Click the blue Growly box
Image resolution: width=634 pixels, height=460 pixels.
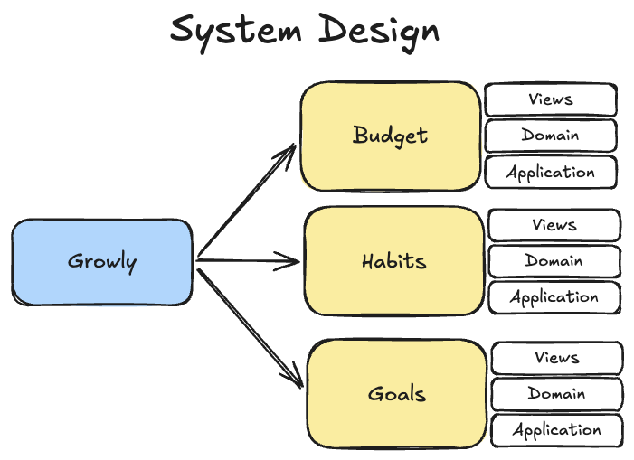[102, 262]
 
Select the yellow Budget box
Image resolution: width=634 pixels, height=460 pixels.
[390, 136]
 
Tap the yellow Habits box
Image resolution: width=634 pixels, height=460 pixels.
[393, 261]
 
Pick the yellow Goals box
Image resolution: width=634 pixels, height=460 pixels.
[397, 394]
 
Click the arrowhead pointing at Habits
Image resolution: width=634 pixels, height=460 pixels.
[290, 262]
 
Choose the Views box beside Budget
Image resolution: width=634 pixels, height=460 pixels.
[551, 99]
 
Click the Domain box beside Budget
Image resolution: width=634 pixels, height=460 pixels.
[551, 136]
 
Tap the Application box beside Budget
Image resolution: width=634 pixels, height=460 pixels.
[551, 172]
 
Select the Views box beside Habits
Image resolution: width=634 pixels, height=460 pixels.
[554, 225]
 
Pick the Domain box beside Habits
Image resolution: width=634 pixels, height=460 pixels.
[554, 261]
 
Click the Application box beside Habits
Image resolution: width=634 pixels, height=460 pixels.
[554, 296]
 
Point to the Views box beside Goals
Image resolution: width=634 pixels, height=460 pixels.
[556, 358]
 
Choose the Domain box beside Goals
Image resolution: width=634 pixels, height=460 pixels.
[556, 394]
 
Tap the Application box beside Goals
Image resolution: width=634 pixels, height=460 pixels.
[556, 430]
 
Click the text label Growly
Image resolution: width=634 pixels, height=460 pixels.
[102, 263]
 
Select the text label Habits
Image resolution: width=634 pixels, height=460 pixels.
[393, 261]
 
